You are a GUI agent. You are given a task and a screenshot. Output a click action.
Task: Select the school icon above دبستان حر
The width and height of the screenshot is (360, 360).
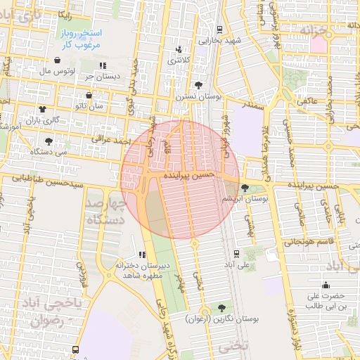tap(103, 65)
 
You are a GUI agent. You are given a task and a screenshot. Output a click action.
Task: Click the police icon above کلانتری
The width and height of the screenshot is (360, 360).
tap(180, 49)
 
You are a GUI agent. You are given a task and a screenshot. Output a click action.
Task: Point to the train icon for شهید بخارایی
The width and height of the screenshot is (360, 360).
tap(220, 29)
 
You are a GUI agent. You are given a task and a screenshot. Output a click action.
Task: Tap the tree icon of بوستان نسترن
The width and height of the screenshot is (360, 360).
tap(207, 84)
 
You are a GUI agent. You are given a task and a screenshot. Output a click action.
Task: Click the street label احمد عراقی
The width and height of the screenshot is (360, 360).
tap(112, 139)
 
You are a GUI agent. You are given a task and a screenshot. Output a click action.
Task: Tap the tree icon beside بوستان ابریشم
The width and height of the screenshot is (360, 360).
tap(245, 188)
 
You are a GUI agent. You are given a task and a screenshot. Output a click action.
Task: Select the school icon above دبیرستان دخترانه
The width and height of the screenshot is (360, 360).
tap(142, 255)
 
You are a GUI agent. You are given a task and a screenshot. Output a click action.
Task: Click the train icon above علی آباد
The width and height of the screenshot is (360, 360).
tap(236, 254)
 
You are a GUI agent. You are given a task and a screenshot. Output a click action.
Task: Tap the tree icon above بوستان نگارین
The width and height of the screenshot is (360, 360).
tap(223, 308)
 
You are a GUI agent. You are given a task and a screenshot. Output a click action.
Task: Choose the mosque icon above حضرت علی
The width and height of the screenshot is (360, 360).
tap(326, 285)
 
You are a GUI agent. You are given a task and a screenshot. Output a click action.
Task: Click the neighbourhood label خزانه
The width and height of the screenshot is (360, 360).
tap(314, 31)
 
